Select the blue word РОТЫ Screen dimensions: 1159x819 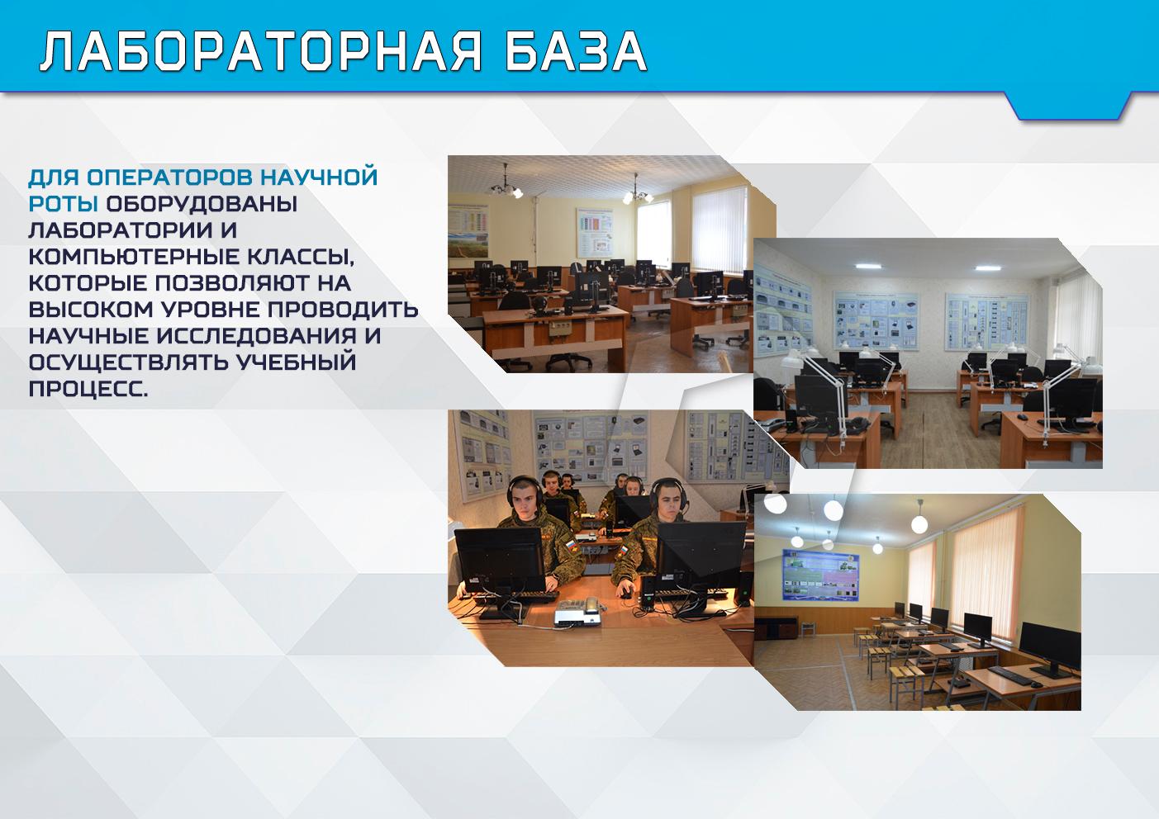[63, 203]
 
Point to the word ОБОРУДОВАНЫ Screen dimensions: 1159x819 [202, 203]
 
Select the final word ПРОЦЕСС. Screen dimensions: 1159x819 [88, 389]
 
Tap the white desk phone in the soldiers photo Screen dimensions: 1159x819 [577, 613]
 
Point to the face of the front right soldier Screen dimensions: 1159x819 [669, 501]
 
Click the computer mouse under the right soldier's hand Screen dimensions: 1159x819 [626, 594]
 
